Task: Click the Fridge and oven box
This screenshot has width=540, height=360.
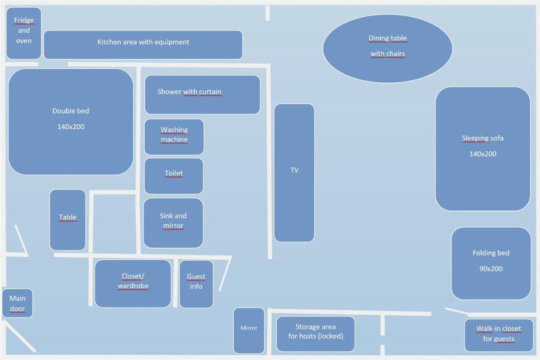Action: tap(24, 33)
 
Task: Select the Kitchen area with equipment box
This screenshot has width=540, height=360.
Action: tap(143, 44)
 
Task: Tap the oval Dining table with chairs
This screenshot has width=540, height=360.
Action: tap(387, 48)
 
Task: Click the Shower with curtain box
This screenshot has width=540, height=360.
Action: tap(202, 95)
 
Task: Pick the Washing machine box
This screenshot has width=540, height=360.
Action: tap(174, 137)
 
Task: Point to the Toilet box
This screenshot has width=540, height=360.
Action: tap(173, 176)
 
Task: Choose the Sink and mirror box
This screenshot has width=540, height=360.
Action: tap(173, 223)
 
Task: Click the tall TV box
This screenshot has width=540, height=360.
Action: tap(294, 173)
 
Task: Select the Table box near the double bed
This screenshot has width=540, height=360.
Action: tap(67, 219)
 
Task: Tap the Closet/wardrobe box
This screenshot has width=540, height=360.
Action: tap(132, 283)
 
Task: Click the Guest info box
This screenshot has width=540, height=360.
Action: tap(196, 284)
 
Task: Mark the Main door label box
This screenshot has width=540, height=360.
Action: tap(17, 303)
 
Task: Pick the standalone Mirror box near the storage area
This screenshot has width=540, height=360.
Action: tap(249, 330)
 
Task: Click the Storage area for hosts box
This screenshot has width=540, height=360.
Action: tap(316, 333)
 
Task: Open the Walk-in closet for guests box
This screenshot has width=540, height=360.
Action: tap(499, 335)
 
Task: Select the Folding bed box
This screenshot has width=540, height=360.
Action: tap(491, 263)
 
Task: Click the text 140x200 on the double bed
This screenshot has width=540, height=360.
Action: tap(71, 127)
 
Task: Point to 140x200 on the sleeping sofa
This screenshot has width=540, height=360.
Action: tap(483, 154)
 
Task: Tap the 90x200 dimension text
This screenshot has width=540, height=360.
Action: tap(491, 269)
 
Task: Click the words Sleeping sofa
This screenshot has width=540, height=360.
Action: tap(483, 138)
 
